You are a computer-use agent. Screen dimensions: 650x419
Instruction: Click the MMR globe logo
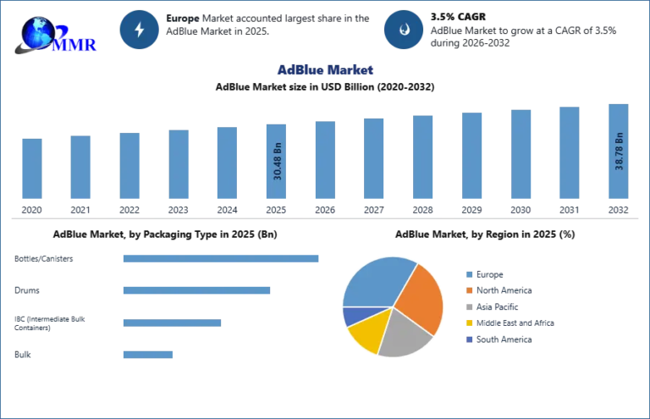point(55,36)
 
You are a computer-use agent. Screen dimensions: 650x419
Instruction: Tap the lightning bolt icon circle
point(140,30)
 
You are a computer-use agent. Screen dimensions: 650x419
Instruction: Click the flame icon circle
point(404,30)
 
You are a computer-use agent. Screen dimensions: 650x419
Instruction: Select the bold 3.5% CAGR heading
point(458,17)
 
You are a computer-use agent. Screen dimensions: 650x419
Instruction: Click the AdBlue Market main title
point(325,69)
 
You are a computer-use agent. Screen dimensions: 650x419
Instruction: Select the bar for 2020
point(32,168)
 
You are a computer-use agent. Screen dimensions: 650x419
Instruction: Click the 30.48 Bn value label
point(278,161)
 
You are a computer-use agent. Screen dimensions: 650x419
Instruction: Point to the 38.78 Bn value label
point(619,152)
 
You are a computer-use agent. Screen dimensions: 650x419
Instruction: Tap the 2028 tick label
point(422,210)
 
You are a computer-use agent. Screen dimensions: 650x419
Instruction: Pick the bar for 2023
point(179,164)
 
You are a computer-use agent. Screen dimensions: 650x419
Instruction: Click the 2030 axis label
point(521,210)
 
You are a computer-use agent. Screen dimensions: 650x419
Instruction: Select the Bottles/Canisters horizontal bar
point(221,259)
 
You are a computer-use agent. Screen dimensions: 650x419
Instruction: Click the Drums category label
point(27,290)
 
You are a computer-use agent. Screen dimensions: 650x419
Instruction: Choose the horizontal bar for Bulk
point(148,355)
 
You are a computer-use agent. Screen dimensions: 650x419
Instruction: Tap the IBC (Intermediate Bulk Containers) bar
point(172,323)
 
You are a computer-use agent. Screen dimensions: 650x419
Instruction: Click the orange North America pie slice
point(419,298)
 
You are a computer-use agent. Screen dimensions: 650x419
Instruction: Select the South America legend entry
point(499,339)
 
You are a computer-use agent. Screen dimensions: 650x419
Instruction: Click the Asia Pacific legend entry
point(493,306)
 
